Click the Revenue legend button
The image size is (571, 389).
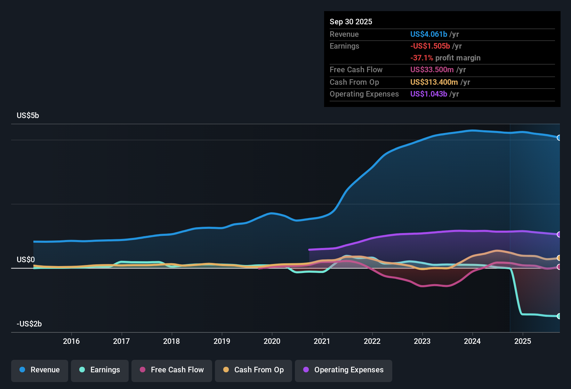(x=39, y=370)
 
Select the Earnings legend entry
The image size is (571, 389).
(x=99, y=370)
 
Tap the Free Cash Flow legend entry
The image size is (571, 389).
(x=171, y=370)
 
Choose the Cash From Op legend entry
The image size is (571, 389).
(x=253, y=370)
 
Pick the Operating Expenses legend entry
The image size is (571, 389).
(x=343, y=370)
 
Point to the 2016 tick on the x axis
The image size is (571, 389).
(x=71, y=341)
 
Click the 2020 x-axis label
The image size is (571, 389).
(x=272, y=341)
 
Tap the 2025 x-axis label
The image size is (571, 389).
(x=522, y=341)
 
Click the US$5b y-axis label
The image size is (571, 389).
(x=28, y=116)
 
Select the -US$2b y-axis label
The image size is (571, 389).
(x=29, y=324)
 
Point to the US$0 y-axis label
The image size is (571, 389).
(x=26, y=260)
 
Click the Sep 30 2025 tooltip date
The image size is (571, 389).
(x=351, y=22)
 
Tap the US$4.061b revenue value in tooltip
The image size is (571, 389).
(x=428, y=34)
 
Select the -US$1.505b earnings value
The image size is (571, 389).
(x=430, y=46)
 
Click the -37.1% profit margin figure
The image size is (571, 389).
(x=421, y=58)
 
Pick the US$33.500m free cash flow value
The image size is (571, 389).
(x=432, y=70)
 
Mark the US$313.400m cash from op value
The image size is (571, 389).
(x=434, y=82)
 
